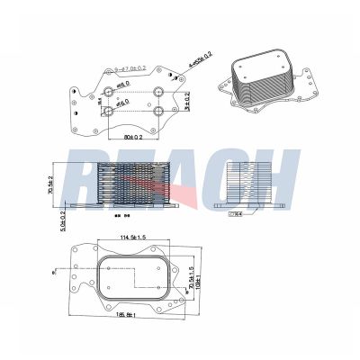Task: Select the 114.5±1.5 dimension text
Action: coord(130,238)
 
